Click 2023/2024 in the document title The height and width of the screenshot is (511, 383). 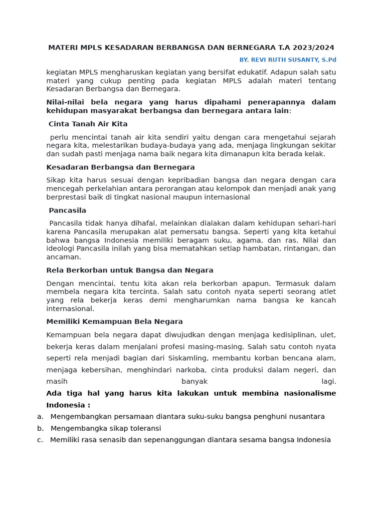click(315, 48)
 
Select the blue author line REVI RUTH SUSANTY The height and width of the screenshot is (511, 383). click(288, 60)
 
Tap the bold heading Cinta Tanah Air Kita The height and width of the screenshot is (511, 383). click(88, 124)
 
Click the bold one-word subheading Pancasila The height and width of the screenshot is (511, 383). click(67, 211)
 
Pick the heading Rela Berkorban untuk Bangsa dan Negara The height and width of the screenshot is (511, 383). click(130, 270)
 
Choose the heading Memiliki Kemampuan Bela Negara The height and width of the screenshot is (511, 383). click(115, 322)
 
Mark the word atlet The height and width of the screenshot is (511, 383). click(327, 292)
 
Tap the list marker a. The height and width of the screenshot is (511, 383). click(40, 417)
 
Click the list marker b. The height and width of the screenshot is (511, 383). click(40, 429)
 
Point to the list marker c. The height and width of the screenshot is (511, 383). click(40, 440)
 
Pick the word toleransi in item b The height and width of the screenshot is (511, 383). click(143, 429)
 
